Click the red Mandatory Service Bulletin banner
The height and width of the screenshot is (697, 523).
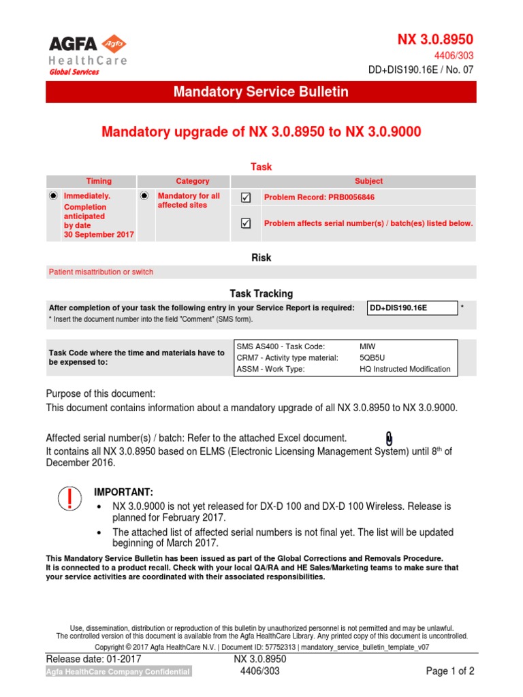point(261,92)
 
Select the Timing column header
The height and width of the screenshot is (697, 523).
point(99,181)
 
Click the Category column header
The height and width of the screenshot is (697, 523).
point(193,181)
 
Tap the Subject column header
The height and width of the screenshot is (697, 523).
point(368,181)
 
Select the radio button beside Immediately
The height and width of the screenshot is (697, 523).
point(53,196)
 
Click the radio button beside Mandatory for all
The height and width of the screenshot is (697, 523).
point(144,196)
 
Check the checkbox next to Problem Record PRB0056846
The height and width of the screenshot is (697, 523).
point(246,197)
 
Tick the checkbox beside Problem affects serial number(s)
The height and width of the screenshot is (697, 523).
point(246,223)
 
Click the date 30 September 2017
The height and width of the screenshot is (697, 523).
point(99,234)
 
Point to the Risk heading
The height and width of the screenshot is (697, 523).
point(261,258)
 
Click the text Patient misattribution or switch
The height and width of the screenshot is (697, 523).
point(101,272)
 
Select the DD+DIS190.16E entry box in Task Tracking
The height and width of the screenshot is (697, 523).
point(411,308)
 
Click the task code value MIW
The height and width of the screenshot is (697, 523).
point(366,346)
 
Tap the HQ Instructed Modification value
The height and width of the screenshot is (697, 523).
point(405,369)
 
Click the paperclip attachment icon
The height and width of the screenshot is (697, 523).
point(389,438)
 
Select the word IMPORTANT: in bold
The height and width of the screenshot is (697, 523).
point(123,492)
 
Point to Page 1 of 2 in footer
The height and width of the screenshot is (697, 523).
point(449,671)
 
